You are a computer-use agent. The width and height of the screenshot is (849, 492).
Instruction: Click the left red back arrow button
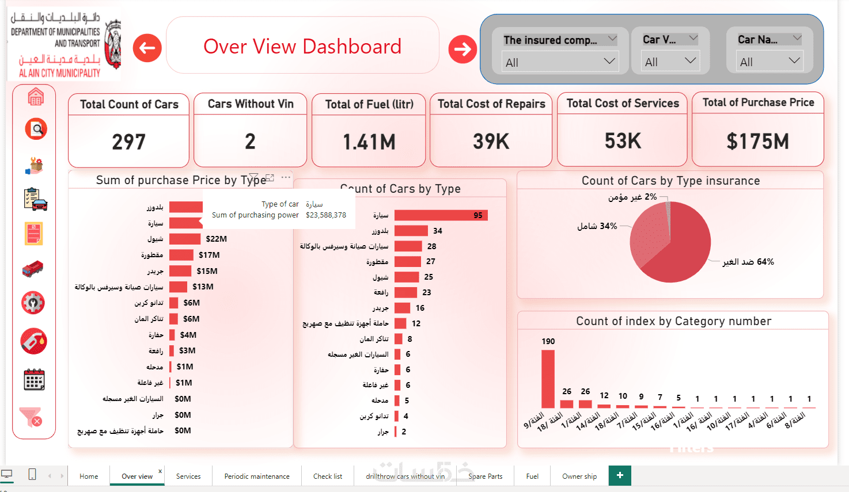(147, 48)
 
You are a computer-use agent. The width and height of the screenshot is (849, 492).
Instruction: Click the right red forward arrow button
(463, 49)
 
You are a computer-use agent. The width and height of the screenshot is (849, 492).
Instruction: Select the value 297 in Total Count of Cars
(128, 142)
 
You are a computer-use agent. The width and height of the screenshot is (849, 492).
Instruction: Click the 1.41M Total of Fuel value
(369, 142)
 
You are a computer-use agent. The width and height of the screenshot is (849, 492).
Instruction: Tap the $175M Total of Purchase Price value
(757, 141)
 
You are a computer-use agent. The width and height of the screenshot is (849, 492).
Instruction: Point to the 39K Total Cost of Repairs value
(491, 141)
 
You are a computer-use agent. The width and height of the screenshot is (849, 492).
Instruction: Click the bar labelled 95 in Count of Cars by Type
(441, 215)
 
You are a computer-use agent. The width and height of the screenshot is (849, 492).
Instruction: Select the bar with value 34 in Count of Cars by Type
(411, 231)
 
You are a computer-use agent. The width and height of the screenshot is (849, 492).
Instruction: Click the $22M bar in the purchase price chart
(185, 239)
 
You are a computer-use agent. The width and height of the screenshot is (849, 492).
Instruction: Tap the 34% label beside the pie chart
(597, 226)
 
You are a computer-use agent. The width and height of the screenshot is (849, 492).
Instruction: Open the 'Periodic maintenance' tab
(257, 476)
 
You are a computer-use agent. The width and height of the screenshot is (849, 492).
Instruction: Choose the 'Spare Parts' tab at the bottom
(485, 476)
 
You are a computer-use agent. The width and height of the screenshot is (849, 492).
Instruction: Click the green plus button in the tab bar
(620, 475)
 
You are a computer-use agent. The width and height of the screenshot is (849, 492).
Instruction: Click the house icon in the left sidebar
(35, 97)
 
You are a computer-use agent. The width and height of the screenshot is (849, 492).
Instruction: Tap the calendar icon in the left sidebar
(34, 380)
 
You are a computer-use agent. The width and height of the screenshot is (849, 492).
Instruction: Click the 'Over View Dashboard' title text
(302, 47)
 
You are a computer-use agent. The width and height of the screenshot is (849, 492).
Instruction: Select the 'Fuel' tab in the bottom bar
(532, 476)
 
